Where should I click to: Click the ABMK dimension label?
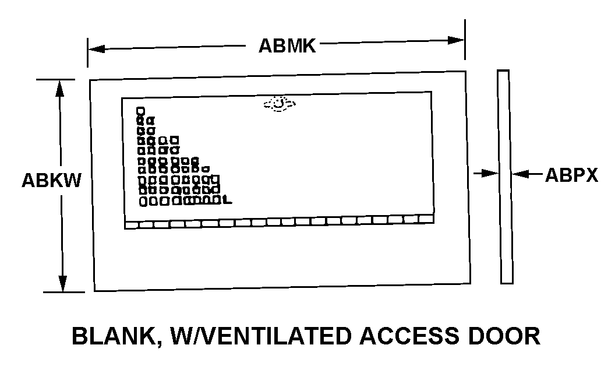(287, 46)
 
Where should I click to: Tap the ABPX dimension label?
(571, 175)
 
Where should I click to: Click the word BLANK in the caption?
(112, 336)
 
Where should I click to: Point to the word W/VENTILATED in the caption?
(257, 336)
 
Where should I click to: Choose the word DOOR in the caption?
(507, 336)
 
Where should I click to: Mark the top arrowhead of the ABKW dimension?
(60, 86)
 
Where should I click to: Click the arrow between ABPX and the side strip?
(521, 173)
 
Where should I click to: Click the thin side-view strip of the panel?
(506, 177)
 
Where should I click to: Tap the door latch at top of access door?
(280, 104)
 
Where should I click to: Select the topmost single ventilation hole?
(140, 110)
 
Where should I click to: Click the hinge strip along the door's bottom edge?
(280, 222)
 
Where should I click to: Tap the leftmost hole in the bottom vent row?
(144, 201)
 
